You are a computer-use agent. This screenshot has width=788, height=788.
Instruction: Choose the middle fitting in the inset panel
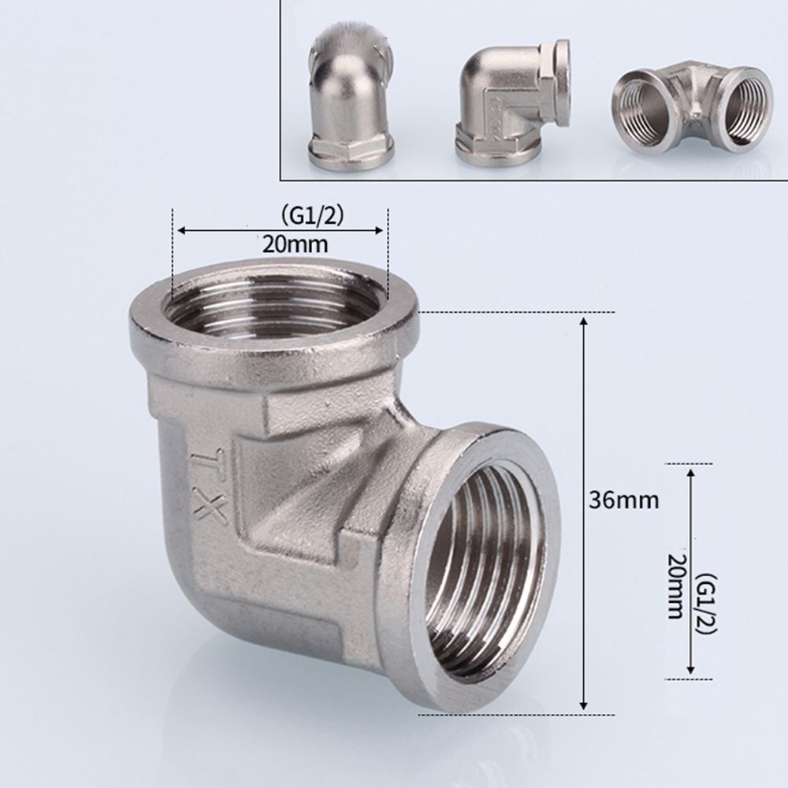511,98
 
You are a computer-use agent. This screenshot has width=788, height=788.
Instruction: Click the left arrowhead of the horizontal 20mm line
180,231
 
